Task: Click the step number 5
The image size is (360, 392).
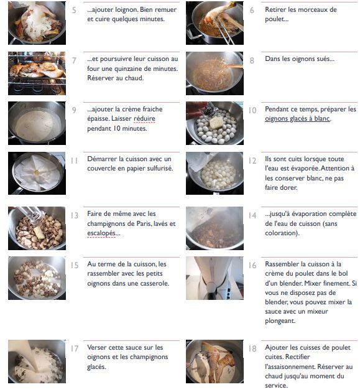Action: click(74, 10)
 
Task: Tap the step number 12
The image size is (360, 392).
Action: click(252, 161)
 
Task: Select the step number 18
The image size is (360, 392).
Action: click(252, 348)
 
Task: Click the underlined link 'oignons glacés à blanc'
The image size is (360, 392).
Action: click(297, 119)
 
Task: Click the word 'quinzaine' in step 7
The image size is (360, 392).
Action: click(129, 68)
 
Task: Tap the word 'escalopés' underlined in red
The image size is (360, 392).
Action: click(101, 233)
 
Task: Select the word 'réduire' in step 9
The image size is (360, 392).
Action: click(144, 118)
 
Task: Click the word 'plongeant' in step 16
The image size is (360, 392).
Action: click(280, 321)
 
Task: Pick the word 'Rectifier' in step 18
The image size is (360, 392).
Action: click(298, 357)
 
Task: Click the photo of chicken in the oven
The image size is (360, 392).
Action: click(37, 73)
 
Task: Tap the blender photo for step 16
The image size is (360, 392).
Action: click(215, 278)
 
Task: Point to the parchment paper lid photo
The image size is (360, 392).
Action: click(37, 173)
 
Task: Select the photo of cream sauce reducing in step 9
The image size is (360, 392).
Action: click(37, 123)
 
